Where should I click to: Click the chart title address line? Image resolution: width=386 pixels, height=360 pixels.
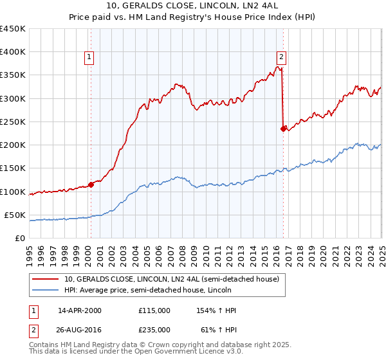pyautogui.click(x=192, y=7)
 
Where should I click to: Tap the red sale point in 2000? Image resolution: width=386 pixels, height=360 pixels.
pyautogui.click(x=91, y=184)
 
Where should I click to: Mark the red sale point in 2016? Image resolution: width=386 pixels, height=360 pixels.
pyautogui.click(x=283, y=129)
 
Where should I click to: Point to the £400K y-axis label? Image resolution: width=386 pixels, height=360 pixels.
pyautogui.click(x=13, y=52)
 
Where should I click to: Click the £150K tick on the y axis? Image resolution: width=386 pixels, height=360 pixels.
pyautogui.click(x=13, y=168)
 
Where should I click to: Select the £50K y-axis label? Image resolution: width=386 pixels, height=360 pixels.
pyautogui.click(x=15, y=215)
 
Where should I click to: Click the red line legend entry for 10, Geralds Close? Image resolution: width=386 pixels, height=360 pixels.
pyautogui.click(x=171, y=279)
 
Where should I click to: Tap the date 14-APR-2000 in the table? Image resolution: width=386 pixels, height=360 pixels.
pyautogui.click(x=80, y=310)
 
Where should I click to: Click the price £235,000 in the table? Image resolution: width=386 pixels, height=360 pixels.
pyautogui.click(x=154, y=330)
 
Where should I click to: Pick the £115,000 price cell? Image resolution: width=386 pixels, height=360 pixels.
pyautogui.click(x=154, y=310)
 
